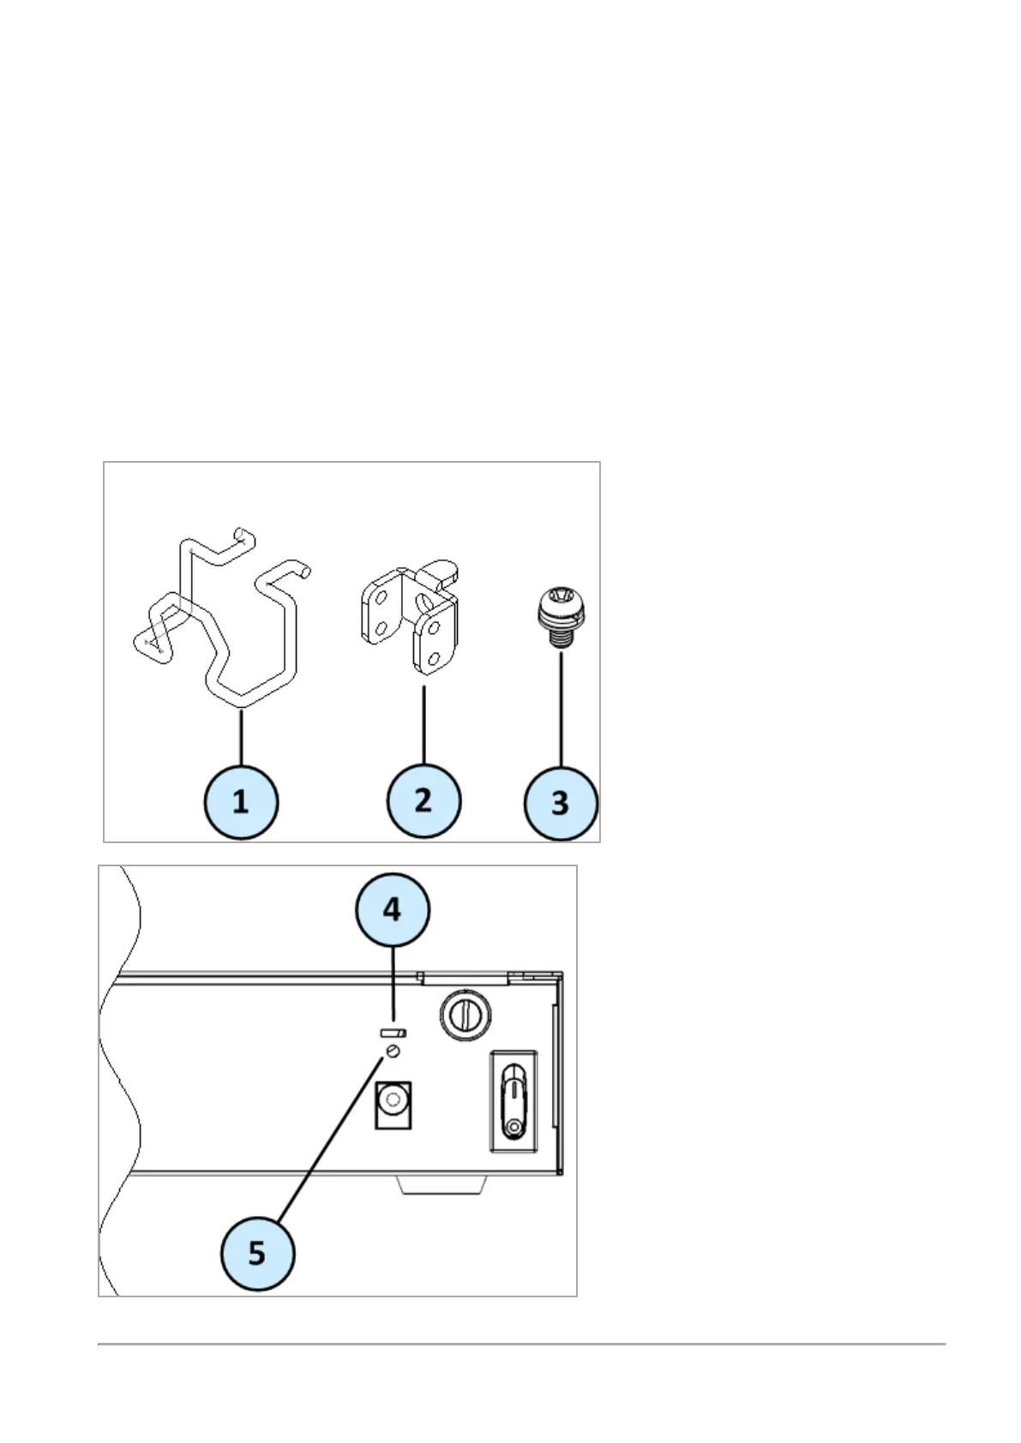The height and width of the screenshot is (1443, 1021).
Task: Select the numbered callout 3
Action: click(561, 803)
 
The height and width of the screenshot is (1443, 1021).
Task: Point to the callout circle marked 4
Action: click(393, 909)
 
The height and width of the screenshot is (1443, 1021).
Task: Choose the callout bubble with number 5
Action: click(257, 1254)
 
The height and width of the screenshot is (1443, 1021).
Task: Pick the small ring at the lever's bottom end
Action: click(514, 1129)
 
